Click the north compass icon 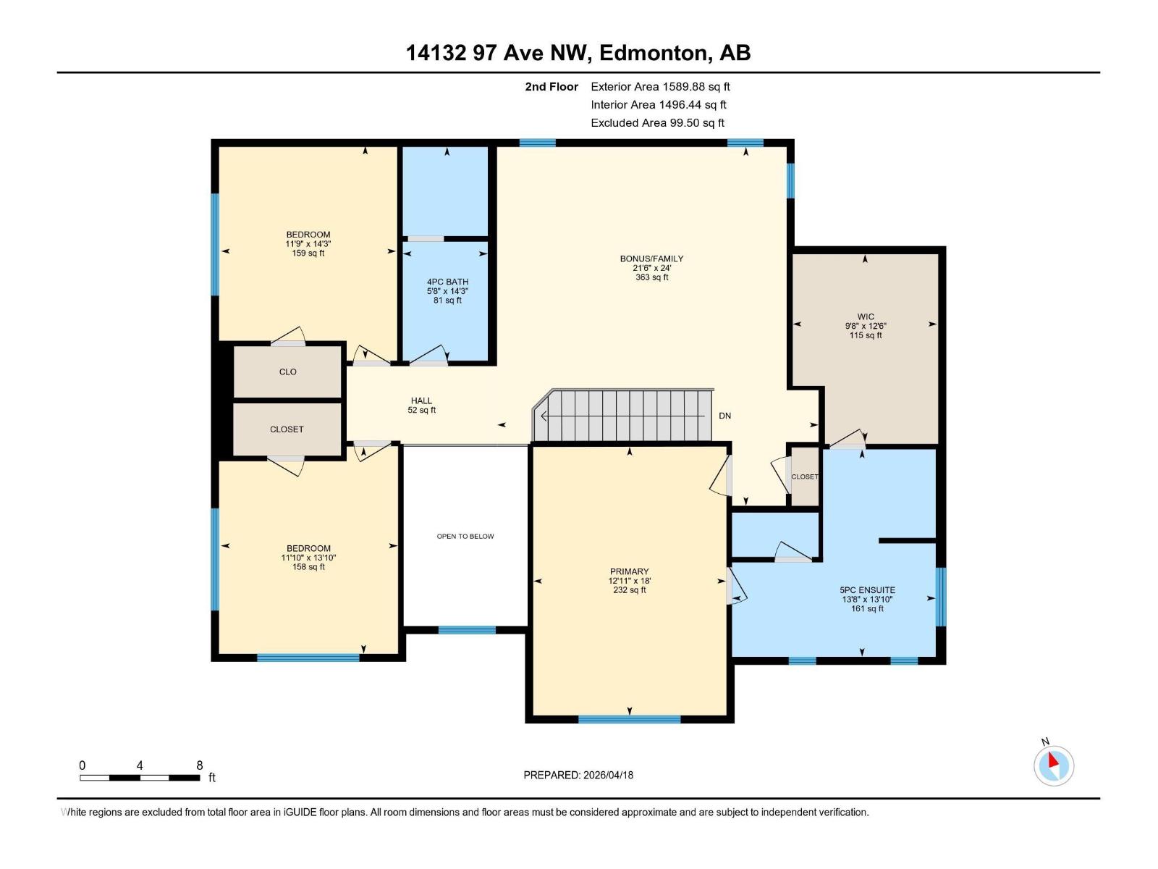pyautogui.click(x=1053, y=765)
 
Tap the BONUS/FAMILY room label pyautogui.click(x=651, y=259)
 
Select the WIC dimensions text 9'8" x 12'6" pyautogui.click(x=866, y=326)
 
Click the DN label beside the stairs pyautogui.click(x=724, y=416)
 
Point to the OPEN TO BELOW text pyautogui.click(x=465, y=537)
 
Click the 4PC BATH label pyautogui.click(x=447, y=282)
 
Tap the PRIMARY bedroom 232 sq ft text pyautogui.click(x=629, y=590)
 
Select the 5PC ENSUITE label pyautogui.click(x=867, y=590)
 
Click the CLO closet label pyautogui.click(x=287, y=371)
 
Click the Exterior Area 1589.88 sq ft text pyautogui.click(x=660, y=86)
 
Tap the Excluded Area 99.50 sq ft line pyautogui.click(x=657, y=123)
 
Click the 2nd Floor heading pyautogui.click(x=551, y=86)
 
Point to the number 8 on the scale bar pyautogui.click(x=200, y=765)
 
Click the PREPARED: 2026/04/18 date pyautogui.click(x=578, y=775)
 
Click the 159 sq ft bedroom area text pyautogui.click(x=308, y=253)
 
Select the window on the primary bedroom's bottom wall pyautogui.click(x=629, y=719)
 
